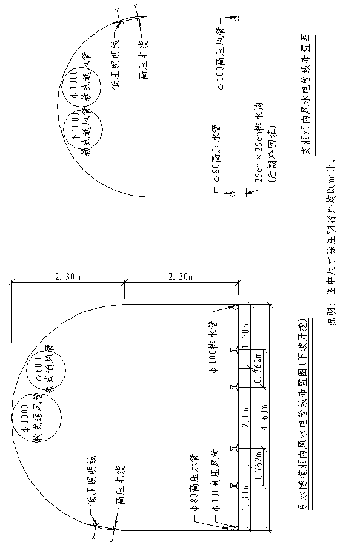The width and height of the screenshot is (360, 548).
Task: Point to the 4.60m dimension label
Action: coord(264,415)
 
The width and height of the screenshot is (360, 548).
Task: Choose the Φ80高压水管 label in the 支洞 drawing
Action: coord(216,152)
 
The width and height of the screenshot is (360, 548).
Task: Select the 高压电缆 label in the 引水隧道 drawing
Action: coord(121,485)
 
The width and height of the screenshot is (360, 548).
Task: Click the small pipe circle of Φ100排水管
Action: coord(235,307)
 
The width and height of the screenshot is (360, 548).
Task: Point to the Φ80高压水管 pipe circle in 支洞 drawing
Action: coord(232,194)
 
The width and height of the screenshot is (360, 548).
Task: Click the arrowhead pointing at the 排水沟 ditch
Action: coord(247,192)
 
